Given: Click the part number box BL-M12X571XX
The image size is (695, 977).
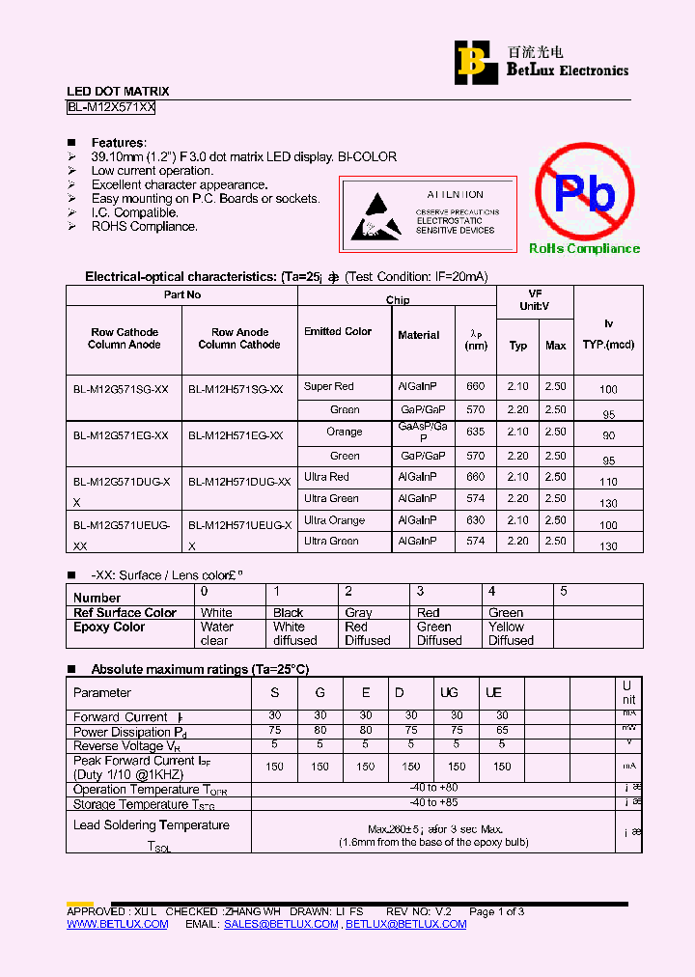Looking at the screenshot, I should click(x=111, y=108).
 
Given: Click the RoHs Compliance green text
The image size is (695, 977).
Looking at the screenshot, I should click(x=584, y=249).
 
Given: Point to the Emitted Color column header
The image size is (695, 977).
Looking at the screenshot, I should click(x=338, y=332).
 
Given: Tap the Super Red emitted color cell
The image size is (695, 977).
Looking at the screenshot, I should click(x=329, y=387).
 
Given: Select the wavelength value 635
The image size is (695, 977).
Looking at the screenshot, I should click(x=475, y=433).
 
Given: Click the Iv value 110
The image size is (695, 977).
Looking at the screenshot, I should click(x=608, y=482).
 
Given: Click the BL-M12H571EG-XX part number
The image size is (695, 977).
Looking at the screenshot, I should click(x=236, y=436).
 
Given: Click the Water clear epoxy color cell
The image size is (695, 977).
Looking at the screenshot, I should click(x=216, y=633).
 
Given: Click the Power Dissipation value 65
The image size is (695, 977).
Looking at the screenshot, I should click(x=502, y=731).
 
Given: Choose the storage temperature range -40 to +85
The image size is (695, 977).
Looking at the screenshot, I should click(x=433, y=804).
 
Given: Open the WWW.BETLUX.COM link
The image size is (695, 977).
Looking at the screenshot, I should click(x=117, y=925).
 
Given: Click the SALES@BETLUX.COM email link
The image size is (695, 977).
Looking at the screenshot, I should click(x=281, y=925).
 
